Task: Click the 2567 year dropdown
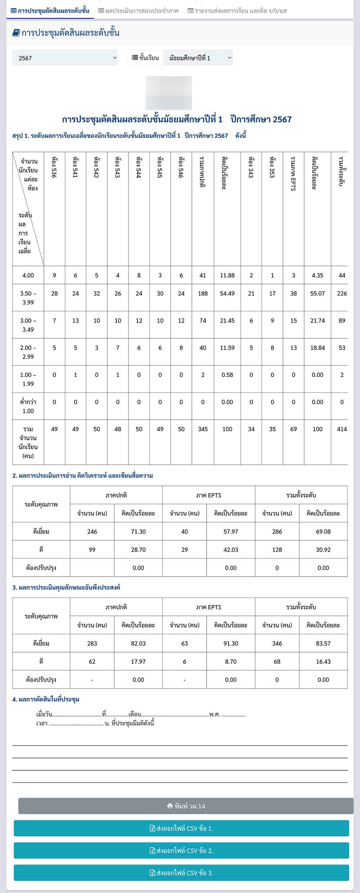tap(65, 58)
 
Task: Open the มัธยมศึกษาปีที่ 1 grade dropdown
tap(198, 58)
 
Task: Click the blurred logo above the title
tap(168, 93)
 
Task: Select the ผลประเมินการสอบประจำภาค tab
tap(138, 11)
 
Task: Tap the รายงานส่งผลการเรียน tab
tap(237, 11)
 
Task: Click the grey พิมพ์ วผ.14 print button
tap(186, 806)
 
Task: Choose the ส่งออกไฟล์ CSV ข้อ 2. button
tap(181, 851)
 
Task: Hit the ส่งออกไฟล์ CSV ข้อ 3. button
tap(181, 873)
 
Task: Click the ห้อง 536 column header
tap(54, 167)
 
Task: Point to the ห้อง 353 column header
tap(273, 167)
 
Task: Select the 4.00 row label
tap(28, 275)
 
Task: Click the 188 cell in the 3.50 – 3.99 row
tap(203, 293)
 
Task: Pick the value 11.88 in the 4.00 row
tap(227, 275)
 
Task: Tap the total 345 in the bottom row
tap(203, 429)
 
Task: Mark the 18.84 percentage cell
tap(318, 348)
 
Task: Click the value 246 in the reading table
tap(92, 532)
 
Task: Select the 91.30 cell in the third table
tap(231, 644)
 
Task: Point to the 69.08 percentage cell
tap(323, 532)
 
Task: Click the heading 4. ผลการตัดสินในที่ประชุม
tap(46, 699)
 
